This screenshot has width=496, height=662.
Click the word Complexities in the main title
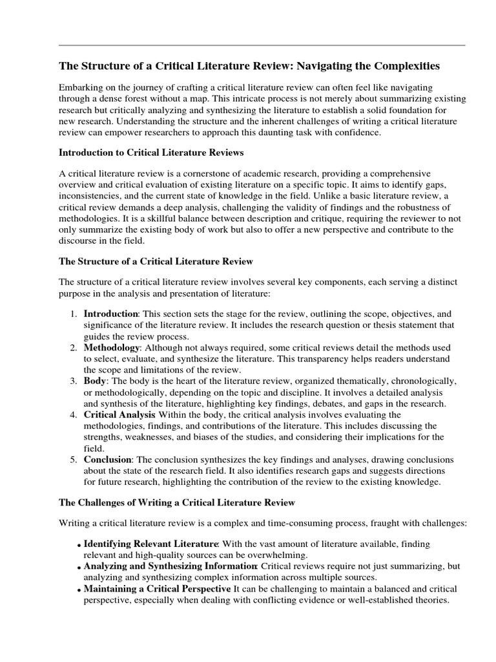(404, 66)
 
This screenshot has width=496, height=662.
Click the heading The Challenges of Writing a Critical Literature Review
(177, 502)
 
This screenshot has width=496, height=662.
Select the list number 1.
(74, 313)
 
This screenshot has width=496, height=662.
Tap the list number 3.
(74, 381)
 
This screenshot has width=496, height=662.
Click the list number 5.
(74, 460)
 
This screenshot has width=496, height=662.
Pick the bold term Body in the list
(95, 381)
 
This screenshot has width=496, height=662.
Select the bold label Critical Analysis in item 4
(119, 414)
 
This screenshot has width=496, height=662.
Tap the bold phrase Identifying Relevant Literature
(151, 544)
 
